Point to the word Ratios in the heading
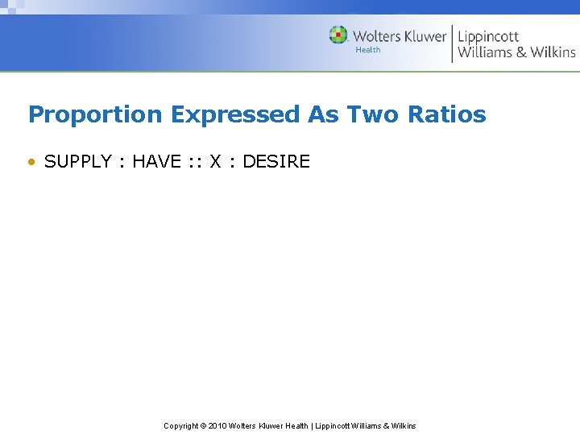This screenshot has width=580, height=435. click(447, 114)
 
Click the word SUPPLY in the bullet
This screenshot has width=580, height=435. click(78, 161)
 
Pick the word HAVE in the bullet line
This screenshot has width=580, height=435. click(156, 161)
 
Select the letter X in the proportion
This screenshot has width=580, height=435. click(215, 161)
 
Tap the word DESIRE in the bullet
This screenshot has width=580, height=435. click(276, 161)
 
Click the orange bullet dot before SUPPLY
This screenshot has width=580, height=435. click(31, 162)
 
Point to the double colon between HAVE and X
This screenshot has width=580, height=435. click(193, 162)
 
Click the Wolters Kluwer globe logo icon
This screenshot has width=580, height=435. click(338, 35)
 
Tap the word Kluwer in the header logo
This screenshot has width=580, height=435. click(422, 36)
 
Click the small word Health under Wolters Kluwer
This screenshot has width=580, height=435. click(368, 50)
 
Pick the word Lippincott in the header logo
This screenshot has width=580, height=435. click(488, 36)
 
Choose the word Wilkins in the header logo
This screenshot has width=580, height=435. click(553, 52)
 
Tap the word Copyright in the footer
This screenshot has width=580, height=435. click(180, 425)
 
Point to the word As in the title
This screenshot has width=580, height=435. click(324, 114)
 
